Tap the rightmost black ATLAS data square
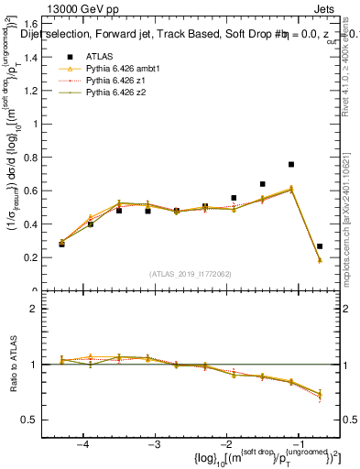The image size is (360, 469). click(x=319, y=246)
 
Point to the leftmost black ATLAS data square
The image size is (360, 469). click(x=61, y=245)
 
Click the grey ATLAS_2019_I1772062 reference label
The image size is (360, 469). click(x=189, y=274)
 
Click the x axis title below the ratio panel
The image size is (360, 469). click(x=247, y=457)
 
